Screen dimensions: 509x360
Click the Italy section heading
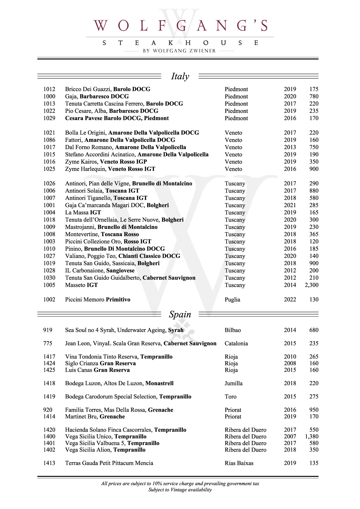point(180,76)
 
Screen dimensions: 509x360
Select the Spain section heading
point(180,314)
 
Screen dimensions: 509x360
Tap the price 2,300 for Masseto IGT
point(311,285)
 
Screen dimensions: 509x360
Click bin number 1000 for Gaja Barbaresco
point(49,96)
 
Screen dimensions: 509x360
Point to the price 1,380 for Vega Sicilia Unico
point(311,436)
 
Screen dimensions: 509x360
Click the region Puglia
point(232,300)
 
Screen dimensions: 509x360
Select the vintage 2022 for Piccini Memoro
point(290,300)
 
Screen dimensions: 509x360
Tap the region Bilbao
point(233,330)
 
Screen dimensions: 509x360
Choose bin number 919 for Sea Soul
point(48,330)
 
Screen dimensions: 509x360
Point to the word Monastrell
point(159,383)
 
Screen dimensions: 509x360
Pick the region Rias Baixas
point(239,463)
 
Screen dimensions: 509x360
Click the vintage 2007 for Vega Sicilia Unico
point(290,436)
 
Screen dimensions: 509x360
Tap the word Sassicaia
point(123,263)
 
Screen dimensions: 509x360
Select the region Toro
point(231,397)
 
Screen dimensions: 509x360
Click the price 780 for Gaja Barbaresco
point(314,96)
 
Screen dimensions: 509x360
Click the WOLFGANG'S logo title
point(180,26)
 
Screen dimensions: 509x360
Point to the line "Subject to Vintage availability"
point(180,490)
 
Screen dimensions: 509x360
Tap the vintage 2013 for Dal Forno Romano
point(290,147)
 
